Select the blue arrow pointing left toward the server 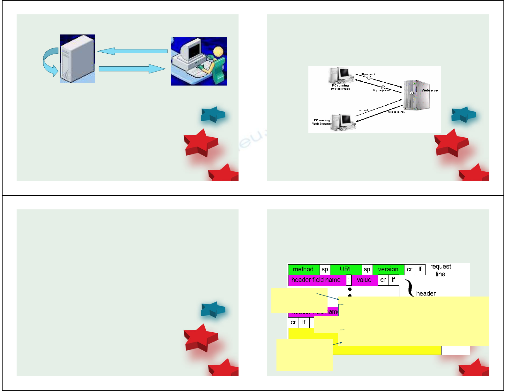[x=132, y=51]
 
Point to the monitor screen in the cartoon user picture [x=194, y=50]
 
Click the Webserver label [x=430, y=90]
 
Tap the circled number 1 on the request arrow [x=369, y=78]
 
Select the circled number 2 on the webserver [x=412, y=93]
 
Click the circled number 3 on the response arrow [x=383, y=87]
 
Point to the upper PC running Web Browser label [x=340, y=87]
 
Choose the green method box [x=303, y=269]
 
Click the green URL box [x=346, y=269]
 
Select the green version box [x=388, y=269]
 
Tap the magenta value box [x=364, y=280]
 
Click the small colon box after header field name [x=349, y=280]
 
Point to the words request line [x=441, y=270]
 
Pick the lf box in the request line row [x=420, y=269]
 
